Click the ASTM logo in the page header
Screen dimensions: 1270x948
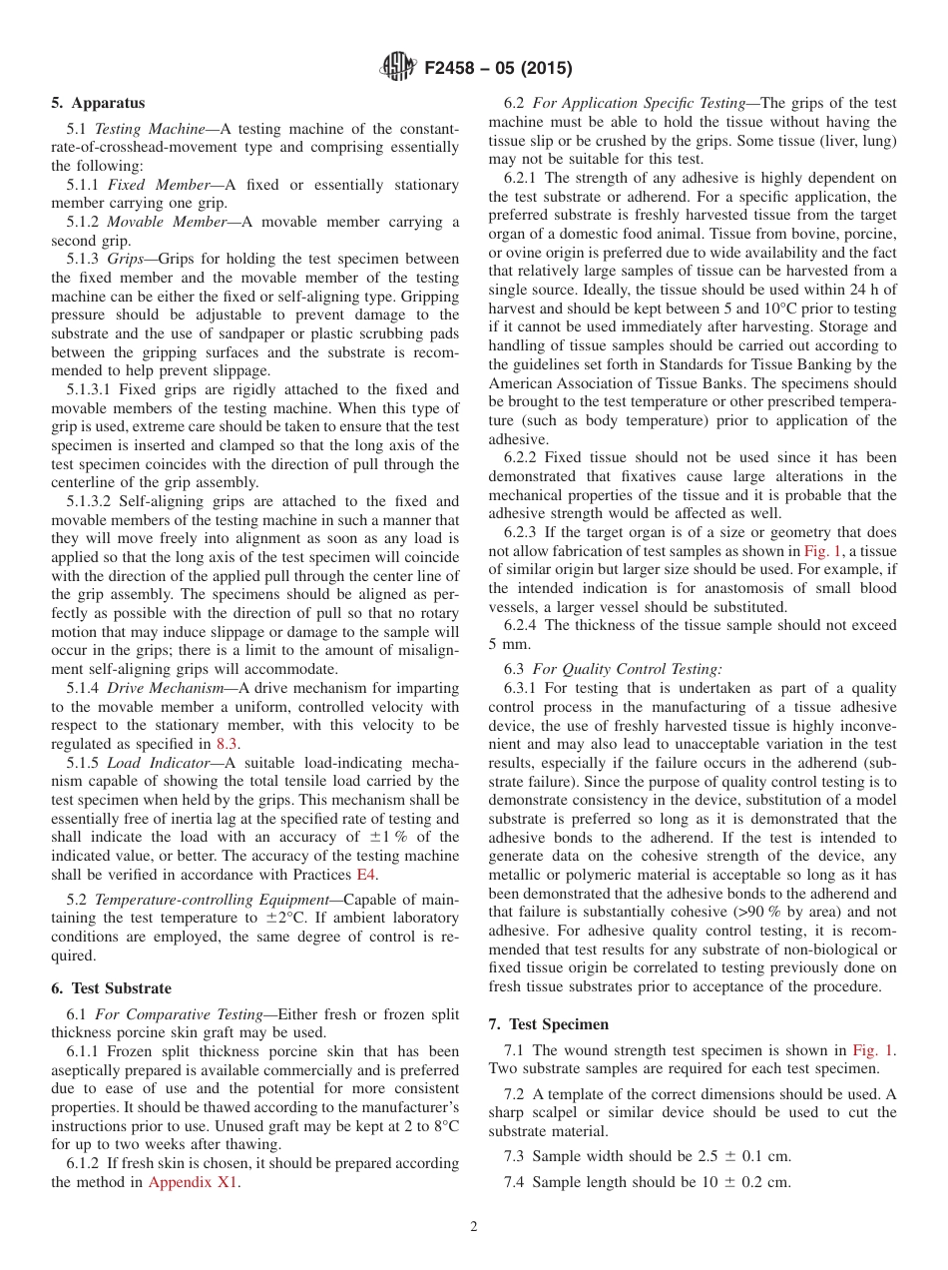(400, 68)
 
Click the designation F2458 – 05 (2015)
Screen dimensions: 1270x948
(498, 69)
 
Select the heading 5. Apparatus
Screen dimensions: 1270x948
(98, 103)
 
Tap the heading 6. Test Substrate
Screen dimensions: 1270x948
(111, 988)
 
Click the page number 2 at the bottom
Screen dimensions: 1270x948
(474, 1227)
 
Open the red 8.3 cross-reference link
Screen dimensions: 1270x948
(229, 744)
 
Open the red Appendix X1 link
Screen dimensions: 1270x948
(194, 1183)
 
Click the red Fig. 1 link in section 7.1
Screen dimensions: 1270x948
(873, 1050)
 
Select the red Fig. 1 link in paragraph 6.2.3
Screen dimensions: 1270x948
(824, 551)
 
